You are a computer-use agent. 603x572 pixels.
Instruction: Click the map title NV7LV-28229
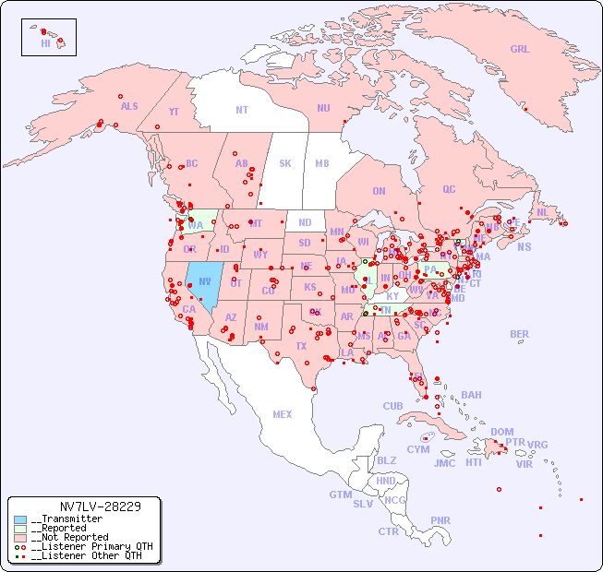100,506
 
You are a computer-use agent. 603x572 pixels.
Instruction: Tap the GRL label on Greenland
520,50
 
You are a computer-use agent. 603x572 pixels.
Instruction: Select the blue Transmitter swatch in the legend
20,519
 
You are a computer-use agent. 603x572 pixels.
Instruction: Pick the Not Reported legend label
69,537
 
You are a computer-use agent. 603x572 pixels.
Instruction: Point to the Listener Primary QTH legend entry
88,546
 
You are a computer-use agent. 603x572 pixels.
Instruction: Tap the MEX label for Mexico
283,414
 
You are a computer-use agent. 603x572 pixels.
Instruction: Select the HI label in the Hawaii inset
45,43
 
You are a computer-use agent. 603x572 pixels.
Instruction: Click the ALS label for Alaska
129,106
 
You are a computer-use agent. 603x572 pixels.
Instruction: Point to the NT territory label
242,110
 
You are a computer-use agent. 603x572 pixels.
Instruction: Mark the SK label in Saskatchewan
285,163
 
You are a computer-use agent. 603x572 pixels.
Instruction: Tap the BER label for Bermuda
520,334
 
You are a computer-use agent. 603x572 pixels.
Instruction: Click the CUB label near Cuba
393,406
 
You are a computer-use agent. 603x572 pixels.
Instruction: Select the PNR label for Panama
440,520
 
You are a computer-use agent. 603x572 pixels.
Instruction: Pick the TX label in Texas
301,347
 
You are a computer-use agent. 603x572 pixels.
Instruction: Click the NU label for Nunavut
323,108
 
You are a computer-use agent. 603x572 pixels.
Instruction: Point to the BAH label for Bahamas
471,395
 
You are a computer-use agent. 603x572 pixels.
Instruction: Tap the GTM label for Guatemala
341,495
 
